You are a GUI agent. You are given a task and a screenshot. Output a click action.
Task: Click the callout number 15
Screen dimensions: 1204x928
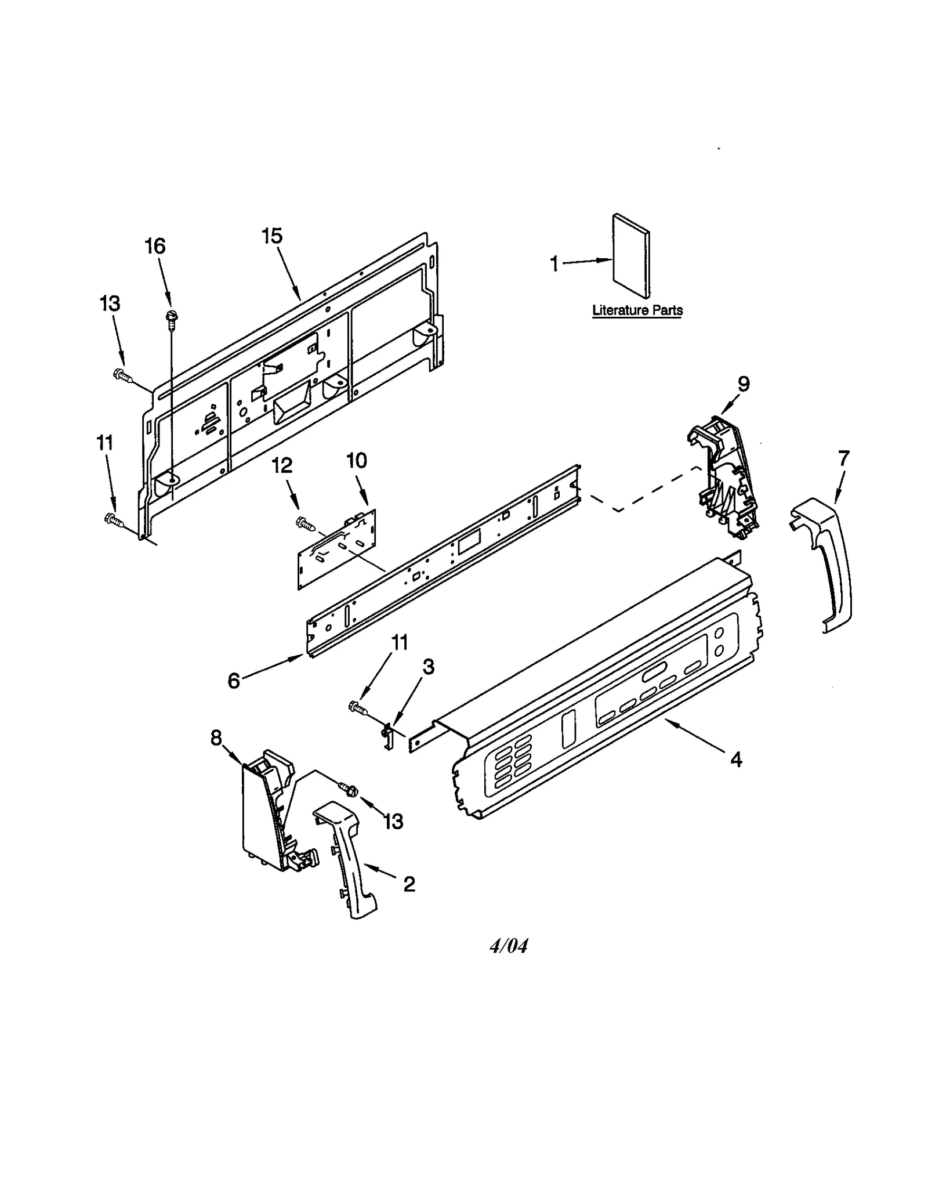coord(271,236)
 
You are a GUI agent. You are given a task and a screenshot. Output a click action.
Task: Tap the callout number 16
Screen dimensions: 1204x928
coord(155,246)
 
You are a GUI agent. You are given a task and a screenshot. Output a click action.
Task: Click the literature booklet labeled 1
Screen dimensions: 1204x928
coord(631,255)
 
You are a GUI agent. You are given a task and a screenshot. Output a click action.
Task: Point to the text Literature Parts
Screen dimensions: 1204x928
coord(637,310)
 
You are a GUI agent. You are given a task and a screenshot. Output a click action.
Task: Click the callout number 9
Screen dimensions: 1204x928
coord(743,384)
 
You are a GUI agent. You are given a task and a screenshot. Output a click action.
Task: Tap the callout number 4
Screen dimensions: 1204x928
coord(736,759)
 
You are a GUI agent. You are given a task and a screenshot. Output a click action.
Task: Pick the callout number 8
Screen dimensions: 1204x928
coord(216,738)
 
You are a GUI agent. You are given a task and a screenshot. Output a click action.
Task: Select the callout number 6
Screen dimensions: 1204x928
coord(233,681)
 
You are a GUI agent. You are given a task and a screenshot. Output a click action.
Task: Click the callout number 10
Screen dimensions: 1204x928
coord(357,461)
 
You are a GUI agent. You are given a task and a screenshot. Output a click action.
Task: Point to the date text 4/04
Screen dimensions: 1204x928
coord(509,946)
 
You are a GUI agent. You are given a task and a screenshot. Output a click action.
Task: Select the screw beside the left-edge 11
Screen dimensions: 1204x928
coord(114,520)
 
